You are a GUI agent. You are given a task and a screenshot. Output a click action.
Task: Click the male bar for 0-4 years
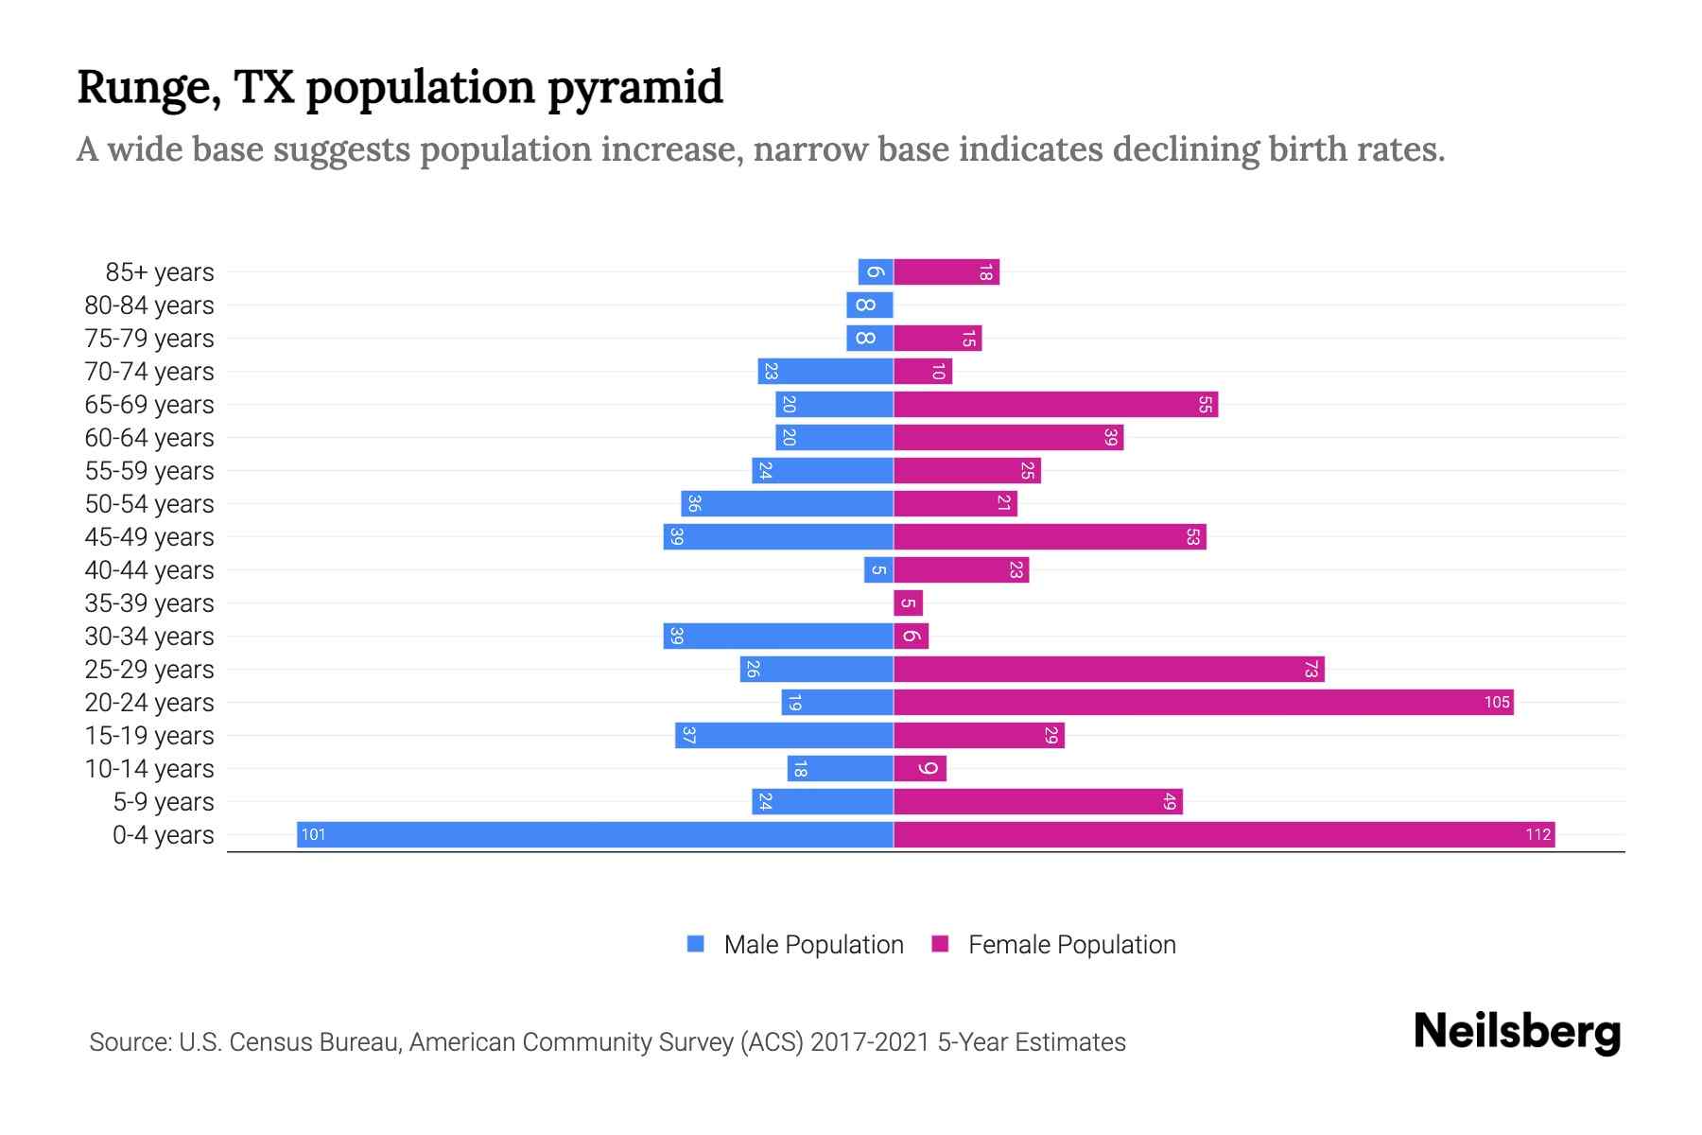[x=596, y=834]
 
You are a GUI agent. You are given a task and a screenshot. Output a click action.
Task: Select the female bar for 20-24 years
[x=1203, y=702]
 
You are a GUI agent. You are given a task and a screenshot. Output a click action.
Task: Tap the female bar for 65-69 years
[x=1055, y=404]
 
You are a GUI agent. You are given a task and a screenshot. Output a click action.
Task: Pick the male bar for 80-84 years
[x=870, y=305]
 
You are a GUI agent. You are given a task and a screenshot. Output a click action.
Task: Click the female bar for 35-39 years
[x=908, y=602]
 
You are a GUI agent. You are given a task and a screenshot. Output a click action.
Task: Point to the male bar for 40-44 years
[x=878, y=569]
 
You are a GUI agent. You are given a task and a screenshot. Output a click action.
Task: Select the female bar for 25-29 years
[x=1108, y=669]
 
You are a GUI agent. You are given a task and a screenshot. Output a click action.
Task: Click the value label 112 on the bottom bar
[x=1537, y=834]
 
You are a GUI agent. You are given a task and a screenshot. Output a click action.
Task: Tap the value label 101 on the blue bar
[x=313, y=834]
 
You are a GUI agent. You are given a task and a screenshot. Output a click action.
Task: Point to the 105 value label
[x=1496, y=702]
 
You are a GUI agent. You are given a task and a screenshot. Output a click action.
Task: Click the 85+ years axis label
[x=159, y=272]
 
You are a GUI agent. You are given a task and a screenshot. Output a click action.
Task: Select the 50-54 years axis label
[x=149, y=504]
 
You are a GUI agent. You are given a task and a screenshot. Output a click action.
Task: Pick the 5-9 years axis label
[x=163, y=802]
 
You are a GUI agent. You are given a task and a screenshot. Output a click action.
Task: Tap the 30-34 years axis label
[x=149, y=637]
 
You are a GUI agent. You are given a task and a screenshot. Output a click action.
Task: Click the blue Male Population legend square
[x=696, y=944]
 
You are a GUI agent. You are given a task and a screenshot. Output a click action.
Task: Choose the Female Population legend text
[x=1071, y=945]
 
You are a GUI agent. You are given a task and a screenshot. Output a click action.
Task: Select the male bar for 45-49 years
[x=778, y=536]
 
